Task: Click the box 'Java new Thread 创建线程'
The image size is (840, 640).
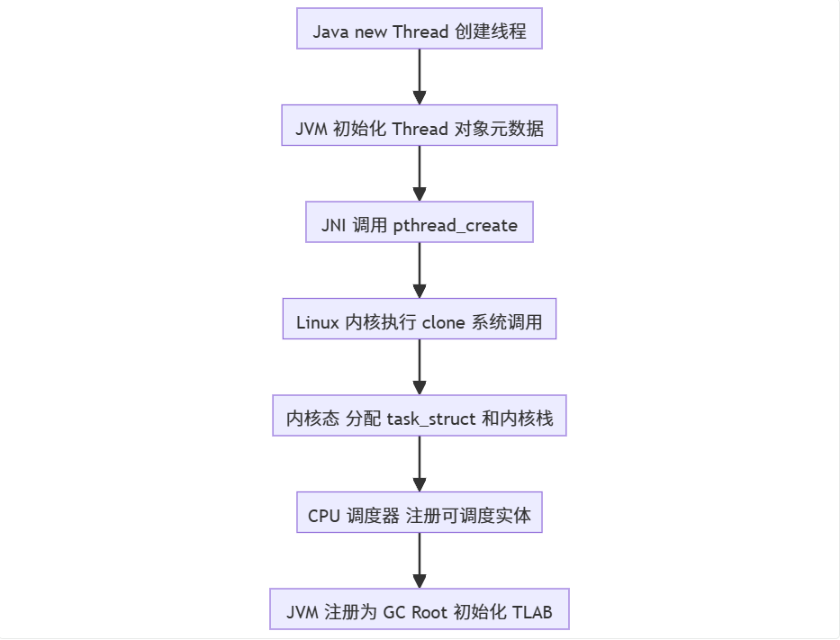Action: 419,32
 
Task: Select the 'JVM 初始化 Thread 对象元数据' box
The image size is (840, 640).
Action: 419,129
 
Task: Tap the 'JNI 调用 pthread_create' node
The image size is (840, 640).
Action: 419,225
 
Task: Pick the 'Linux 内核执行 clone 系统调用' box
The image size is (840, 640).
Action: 419,322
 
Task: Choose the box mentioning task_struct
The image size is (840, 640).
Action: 419,419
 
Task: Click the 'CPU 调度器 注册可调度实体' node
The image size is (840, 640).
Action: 419,516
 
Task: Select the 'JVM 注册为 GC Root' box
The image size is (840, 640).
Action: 419,613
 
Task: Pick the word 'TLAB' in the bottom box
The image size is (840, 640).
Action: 531,613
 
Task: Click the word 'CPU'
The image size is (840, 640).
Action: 324,516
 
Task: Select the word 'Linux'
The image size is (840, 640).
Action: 318,322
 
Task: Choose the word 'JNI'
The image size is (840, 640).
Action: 334,225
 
